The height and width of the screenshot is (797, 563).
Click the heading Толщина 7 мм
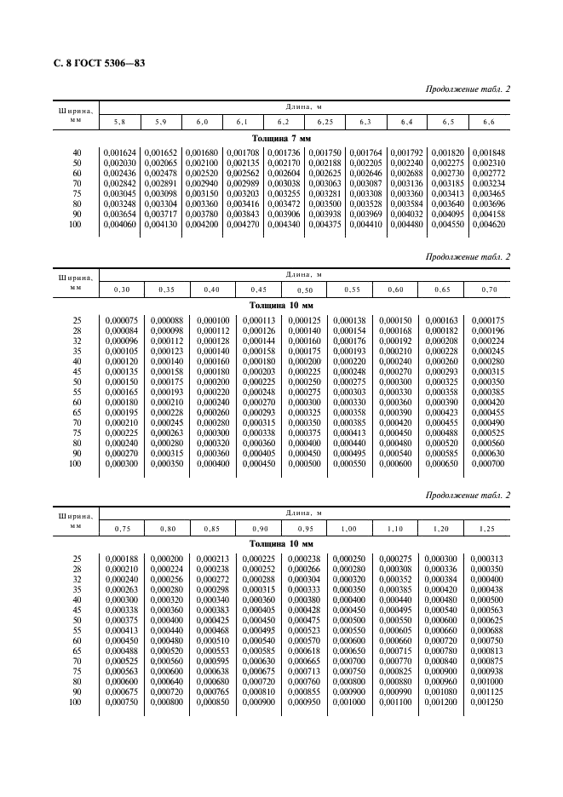282,137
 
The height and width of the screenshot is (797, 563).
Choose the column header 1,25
487,529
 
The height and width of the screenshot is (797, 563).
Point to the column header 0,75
122,529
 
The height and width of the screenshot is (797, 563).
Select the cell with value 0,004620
488,224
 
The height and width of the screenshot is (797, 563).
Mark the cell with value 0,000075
122,320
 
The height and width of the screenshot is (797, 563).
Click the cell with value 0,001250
487,702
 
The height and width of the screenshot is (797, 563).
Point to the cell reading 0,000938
487,672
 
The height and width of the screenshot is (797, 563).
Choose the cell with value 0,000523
304,631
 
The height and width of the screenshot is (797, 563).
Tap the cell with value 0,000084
122,330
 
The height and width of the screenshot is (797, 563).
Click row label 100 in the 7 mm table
75,224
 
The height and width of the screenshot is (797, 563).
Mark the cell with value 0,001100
396,702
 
